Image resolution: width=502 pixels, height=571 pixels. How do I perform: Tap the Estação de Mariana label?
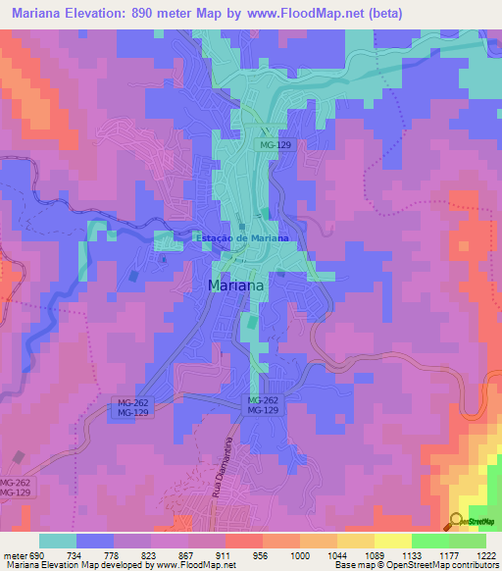(x=241, y=238)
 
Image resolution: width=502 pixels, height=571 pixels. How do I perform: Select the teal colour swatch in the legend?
(x=57, y=541)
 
